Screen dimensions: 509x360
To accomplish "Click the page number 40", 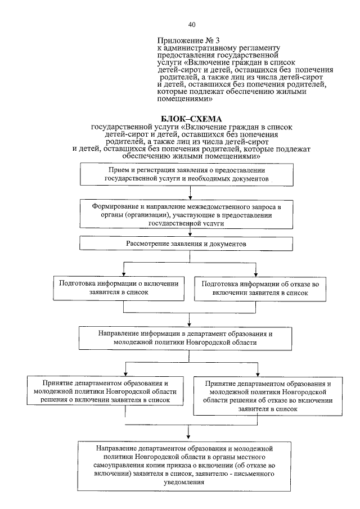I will [192, 24].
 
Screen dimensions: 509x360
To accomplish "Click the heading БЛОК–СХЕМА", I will [191, 119].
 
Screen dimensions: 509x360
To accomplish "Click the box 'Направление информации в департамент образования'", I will [191, 337].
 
